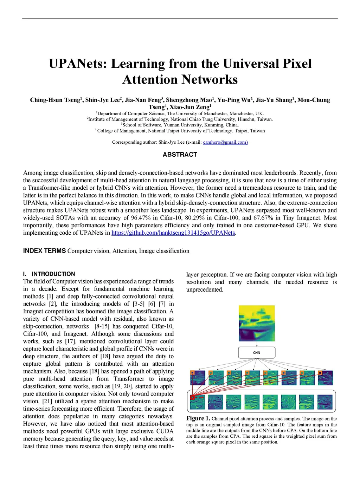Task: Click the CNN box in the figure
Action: click(257, 352)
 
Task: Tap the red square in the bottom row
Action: click(192, 397)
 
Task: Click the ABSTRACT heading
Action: click(180, 155)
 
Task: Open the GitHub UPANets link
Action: click(173, 233)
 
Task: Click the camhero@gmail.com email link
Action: click(225, 142)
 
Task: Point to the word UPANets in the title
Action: click(78, 64)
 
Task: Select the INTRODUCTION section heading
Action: click(53, 274)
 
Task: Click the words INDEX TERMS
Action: click(44, 251)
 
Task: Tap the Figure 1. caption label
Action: click(198, 418)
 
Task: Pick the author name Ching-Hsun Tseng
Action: click(55, 100)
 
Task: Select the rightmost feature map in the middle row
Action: click(325, 378)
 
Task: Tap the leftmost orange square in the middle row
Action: click(192, 373)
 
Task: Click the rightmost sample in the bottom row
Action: click(325, 402)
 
